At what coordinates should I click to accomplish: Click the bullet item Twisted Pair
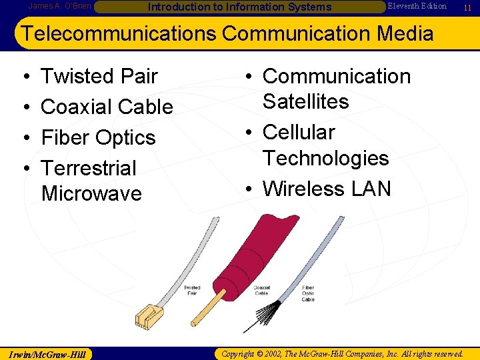pyautogui.click(x=99, y=77)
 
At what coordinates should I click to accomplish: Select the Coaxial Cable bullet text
pyautogui.click(x=107, y=107)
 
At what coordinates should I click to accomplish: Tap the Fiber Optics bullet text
pyautogui.click(x=98, y=138)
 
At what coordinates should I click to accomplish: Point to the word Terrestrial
pyautogui.click(x=89, y=168)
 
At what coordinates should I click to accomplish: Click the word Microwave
pyautogui.click(x=91, y=194)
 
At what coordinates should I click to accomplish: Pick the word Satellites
pyautogui.click(x=305, y=102)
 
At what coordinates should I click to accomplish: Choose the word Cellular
pyautogui.click(x=299, y=133)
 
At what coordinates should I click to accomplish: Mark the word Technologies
pyautogui.click(x=325, y=159)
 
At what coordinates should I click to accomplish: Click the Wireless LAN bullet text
pyautogui.click(x=327, y=189)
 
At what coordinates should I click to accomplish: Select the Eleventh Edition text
pyautogui.click(x=417, y=6)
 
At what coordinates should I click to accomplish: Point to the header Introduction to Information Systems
pyautogui.click(x=239, y=7)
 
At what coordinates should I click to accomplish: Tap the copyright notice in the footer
pyautogui.click(x=342, y=353)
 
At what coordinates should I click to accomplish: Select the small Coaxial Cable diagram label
pyautogui.click(x=261, y=290)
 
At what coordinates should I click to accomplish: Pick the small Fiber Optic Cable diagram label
pyautogui.click(x=308, y=293)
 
